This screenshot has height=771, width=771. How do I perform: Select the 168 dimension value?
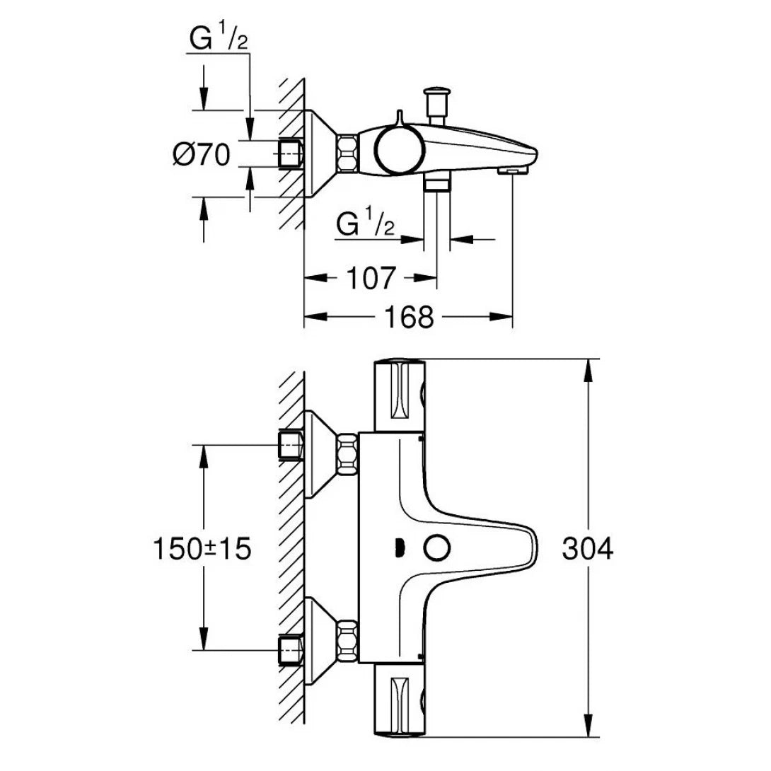(x=410, y=317)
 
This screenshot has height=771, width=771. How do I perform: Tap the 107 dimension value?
(x=371, y=278)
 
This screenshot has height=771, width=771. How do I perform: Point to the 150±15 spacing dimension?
(x=202, y=550)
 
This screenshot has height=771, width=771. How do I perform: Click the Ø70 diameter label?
(x=201, y=154)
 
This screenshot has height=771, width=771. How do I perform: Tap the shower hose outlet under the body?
(x=437, y=185)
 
